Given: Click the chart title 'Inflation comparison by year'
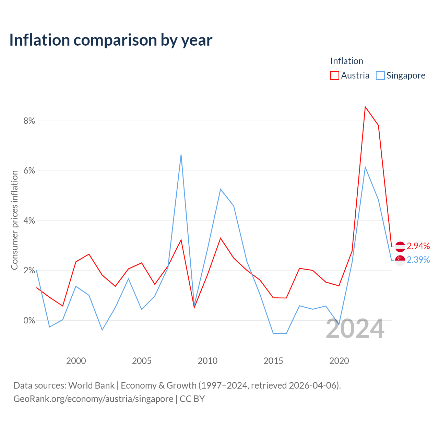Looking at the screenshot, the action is (111, 40).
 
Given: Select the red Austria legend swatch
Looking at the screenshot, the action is (334, 75).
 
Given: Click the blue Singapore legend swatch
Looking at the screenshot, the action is (380, 75).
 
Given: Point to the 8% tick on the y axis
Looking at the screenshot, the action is (29, 121).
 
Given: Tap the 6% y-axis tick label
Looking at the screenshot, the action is (29, 171).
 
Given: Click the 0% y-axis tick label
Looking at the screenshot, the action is (29, 320).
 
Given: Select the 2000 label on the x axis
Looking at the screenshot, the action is (76, 361).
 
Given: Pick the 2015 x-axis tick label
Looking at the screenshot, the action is (273, 361).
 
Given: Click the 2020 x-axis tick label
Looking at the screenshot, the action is (339, 361).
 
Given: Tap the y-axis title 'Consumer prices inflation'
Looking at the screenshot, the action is (14, 220).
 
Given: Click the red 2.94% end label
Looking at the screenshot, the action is (418, 246).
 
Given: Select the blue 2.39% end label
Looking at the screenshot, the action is (418, 260).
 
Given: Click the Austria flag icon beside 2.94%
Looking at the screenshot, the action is (400, 247).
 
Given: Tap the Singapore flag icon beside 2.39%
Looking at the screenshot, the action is (400, 260).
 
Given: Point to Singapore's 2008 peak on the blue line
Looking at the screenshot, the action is (181, 155).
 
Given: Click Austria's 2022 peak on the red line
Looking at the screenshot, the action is (365, 107).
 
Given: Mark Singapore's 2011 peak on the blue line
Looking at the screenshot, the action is (221, 189).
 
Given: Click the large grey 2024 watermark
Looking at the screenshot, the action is (355, 329).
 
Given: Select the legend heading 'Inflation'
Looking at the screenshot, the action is (347, 61).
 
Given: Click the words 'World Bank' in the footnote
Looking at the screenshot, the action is (91, 385).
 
